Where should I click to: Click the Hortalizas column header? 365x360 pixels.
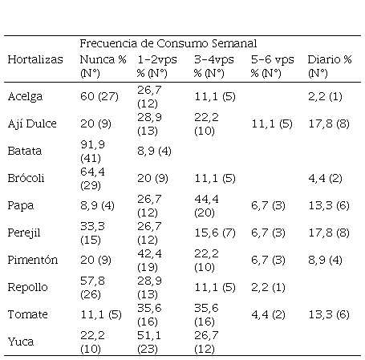(x=35, y=59)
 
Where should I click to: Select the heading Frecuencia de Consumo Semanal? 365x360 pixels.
(x=168, y=43)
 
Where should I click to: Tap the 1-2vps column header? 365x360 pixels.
(x=157, y=67)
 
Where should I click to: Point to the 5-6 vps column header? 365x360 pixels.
(x=272, y=67)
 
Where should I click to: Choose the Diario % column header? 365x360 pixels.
(x=330, y=67)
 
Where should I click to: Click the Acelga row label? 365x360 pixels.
(x=25, y=96)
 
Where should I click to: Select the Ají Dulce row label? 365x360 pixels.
(x=32, y=123)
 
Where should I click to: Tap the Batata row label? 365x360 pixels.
(x=25, y=151)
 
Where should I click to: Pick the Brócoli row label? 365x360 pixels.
(x=26, y=178)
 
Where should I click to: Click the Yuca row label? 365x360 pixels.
(x=21, y=342)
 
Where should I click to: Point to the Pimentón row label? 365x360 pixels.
(x=33, y=260)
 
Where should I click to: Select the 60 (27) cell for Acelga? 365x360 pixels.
(x=99, y=96)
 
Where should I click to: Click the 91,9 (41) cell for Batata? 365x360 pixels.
(x=92, y=152)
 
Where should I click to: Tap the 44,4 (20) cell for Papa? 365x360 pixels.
(x=206, y=206)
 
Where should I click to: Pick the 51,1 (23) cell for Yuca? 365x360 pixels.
(x=149, y=342)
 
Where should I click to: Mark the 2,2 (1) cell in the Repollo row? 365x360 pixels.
(x=268, y=287)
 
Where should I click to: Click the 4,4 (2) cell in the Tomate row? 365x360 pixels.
(x=268, y=314)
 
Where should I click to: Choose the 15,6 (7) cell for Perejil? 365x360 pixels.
(x=215, y=233)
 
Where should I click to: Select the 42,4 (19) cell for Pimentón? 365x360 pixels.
(x=149, y=261)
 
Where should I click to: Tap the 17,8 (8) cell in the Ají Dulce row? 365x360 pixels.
(x=329, y=123)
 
